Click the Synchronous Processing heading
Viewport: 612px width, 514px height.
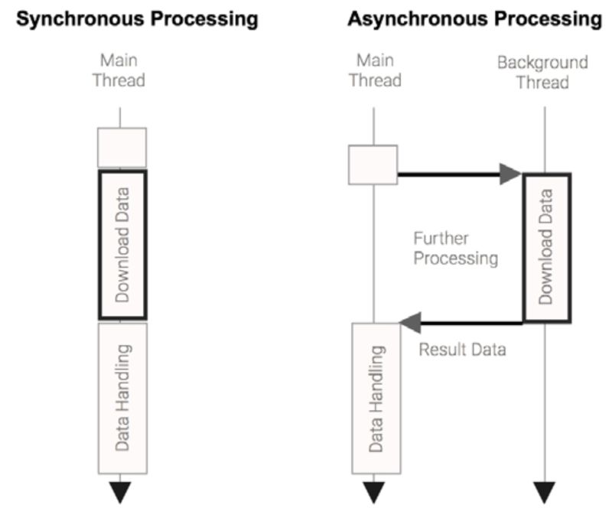[x=137, y=19]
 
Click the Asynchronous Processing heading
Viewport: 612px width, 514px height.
[x=474, y=19]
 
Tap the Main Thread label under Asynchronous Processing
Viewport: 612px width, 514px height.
[x=375, y=70]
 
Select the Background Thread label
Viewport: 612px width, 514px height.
[x=542, y=72]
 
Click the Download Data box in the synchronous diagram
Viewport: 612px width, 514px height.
[x=122, y=244]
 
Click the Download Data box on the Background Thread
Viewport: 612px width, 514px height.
[x=545, y=247]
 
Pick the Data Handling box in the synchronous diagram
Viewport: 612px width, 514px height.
[x=122, y=397]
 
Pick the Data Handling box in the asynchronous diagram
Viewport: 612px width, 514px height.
[x=376, y=397]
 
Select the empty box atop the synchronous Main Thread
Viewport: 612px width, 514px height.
[x=122, y=147]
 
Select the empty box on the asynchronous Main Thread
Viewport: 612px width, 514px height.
[x=373, y=164]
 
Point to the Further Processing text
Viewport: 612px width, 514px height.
[x=455, y=248]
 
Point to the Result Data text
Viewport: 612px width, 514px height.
[x=462, y=350]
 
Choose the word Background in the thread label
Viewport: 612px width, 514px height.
[x=542, y=62]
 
